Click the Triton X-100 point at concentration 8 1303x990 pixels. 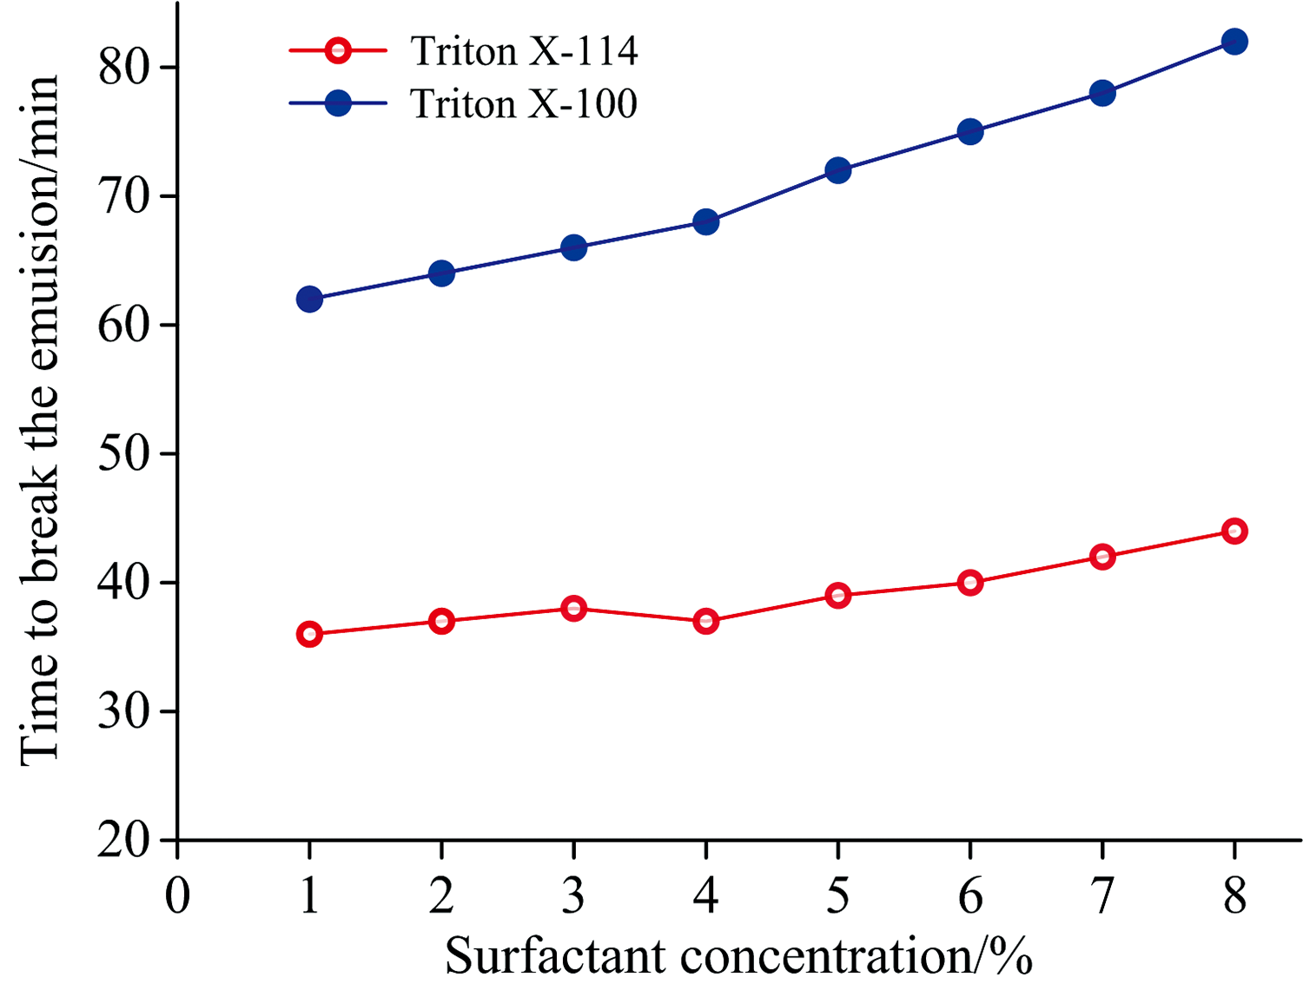1234,42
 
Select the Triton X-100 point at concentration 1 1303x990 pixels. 309,300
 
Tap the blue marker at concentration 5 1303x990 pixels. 837,170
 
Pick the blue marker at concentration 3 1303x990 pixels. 573,247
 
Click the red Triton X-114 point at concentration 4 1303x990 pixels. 706,621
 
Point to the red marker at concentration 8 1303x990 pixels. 1234,531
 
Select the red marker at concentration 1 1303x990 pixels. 309,634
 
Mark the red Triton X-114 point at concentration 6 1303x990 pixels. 970,583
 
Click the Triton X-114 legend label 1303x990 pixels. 525,51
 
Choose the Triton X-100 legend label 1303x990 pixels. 524,104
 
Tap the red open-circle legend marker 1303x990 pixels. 338,51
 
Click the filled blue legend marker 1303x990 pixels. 338,104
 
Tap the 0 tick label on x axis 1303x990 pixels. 177,895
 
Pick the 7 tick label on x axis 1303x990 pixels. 1102,895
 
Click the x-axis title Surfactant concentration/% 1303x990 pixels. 739,956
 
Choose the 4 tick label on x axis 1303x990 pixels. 706,895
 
